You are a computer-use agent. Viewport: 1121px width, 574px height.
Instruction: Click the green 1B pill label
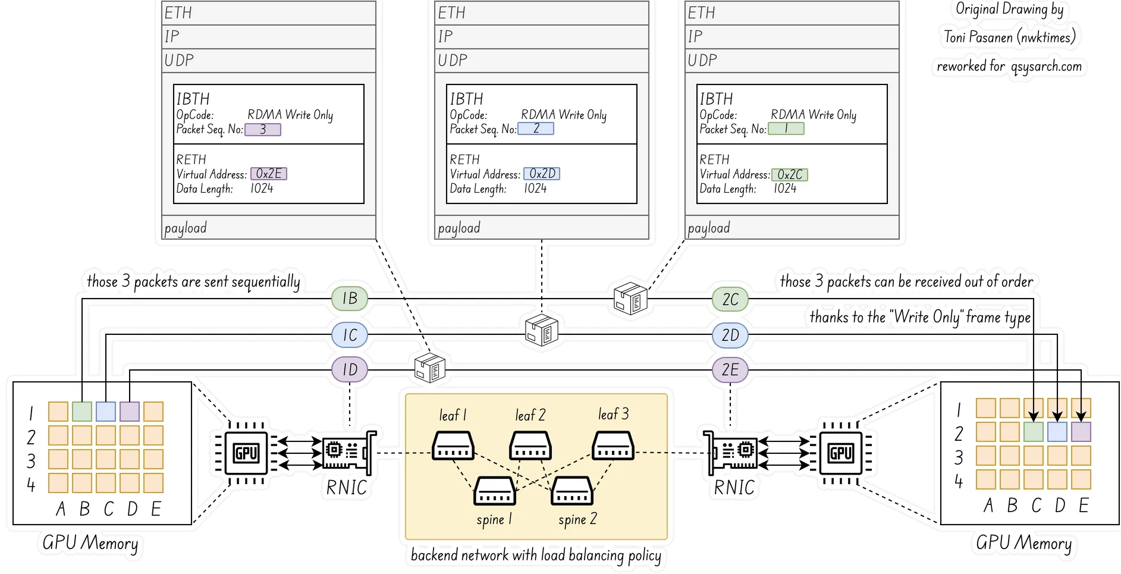(x=350, y=298)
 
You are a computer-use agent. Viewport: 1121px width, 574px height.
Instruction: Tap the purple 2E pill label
(x=730, y=370)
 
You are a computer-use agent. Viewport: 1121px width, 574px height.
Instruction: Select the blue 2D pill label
(x=730, y=335)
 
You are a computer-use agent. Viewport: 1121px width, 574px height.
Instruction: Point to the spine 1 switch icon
(x=494, y=491)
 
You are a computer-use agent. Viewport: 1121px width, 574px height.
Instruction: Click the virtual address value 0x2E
(x=269, y=174)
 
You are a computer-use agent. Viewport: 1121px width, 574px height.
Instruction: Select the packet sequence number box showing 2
(x=536, y=128)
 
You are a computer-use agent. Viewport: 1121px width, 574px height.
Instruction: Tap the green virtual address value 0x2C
(x=790, y=175)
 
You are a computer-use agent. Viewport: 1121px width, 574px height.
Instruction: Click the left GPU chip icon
(x=246, y=454)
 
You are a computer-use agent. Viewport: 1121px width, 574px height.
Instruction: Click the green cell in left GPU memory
(x=82, y=412)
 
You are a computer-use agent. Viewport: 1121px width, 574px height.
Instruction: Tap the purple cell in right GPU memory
(x=1081, y=432)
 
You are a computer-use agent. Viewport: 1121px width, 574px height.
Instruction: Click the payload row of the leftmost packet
(x=269, y=228)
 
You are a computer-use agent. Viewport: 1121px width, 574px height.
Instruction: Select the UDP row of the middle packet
(x=541, y=61)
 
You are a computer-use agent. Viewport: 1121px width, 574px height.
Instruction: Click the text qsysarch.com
(x=1046, y=67)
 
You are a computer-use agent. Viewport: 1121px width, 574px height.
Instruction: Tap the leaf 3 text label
(x=613, y=414)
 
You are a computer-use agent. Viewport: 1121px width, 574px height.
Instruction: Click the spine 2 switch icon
(x=572, y=491)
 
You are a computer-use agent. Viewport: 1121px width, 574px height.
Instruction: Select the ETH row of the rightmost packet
(x=792, y=13)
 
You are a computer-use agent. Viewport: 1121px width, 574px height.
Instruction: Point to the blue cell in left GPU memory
(x=106, y=412)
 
